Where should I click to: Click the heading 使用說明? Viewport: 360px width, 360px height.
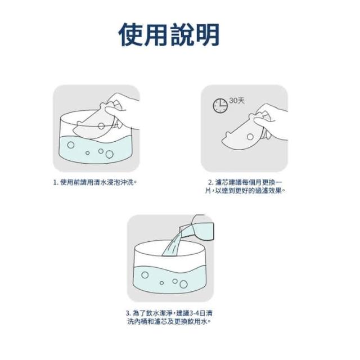click(x=169, y=35)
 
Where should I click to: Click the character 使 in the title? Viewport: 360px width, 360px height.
click(x=131, y=35)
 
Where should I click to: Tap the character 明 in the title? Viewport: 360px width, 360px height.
click(x=208, y=35)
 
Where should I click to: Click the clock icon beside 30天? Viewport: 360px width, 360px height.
click(x=220, y=106)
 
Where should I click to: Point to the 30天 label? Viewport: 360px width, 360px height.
click(x=237, y=101)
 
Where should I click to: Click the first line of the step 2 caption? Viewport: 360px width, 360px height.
click(x=245, y=182)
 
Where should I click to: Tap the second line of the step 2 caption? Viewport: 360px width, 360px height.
click(x=245, y=191)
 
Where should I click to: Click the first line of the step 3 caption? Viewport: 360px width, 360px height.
click(x=169, y=313)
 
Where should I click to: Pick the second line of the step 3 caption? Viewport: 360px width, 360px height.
click(x=169, y=321)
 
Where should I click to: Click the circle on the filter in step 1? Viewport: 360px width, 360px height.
click(x=101, y=126)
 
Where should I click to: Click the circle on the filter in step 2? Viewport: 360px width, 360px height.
click(x=250, y=137)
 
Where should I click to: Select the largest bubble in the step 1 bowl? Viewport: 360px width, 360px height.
click(x=109, y=154)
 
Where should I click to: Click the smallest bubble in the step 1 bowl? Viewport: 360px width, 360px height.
click(x=87, y=153)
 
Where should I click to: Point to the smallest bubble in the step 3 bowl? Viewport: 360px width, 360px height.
click(x=161, y=283)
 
